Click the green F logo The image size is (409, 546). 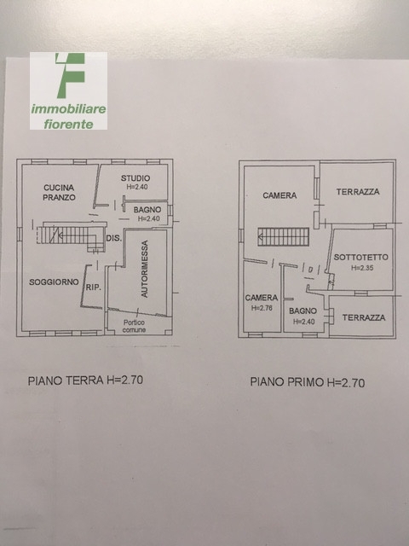tap(71, 75)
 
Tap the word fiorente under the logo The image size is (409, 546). tap(68, 125)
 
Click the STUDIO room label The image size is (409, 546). tap(135, 178)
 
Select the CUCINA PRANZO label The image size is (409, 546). tap(59, 193)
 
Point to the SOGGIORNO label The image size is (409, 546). tap(54, 282)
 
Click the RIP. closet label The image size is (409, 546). tap(94, 288)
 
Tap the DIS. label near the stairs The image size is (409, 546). tap(114, 239)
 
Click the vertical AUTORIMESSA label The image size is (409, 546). tap(145, 269)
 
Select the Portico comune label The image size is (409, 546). tap(135, 326)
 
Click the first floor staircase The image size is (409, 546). tap(284, 237)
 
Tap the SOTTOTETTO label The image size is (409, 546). tap(361, 258)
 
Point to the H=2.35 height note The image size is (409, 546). tap(362, 268)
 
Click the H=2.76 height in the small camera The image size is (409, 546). tap(262, 308)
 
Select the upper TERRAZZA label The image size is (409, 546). tap(358, 191)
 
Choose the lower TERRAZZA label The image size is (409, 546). tap(364, 317)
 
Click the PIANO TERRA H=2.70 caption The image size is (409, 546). tap(85, 380)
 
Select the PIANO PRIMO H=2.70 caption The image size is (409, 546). tap(308, 382)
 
